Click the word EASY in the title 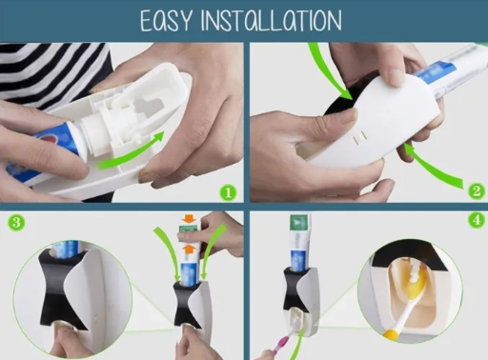click(166, 21)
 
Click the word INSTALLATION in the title click(272, 21)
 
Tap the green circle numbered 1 click(228, 192)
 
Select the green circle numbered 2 click(477, 191)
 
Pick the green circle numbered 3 click(16, 222)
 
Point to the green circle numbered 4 click(477, 220)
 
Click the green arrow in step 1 click(131, 152)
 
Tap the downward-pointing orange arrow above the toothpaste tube click(189, 219)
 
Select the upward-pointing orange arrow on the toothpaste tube click(189, 249)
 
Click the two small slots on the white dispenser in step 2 click(360, 138)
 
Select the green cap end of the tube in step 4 click(298, 222)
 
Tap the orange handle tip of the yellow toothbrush click(391, 333)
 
